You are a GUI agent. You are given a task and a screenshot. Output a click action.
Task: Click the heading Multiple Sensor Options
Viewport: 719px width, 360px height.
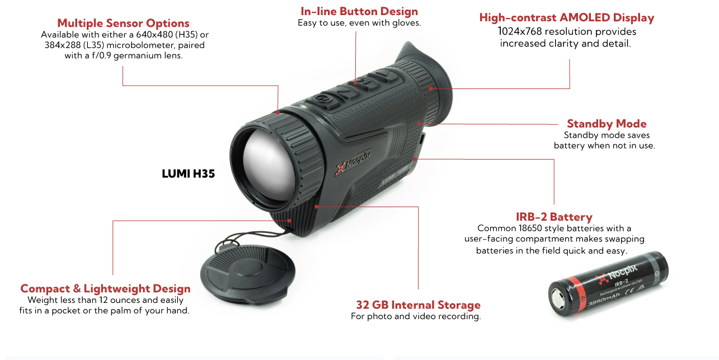pos(123,24)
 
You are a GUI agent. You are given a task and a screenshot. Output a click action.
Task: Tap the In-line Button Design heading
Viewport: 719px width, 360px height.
pos(359,11)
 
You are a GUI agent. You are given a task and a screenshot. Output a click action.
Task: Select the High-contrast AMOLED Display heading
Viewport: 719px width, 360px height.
pos(566,17)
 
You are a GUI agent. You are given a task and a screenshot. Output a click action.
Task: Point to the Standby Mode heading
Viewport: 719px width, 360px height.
pos(607,124)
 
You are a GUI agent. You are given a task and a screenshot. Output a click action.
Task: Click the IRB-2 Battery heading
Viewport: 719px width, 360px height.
pos(553,217)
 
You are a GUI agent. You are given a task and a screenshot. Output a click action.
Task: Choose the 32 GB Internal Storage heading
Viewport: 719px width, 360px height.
pos(418,305)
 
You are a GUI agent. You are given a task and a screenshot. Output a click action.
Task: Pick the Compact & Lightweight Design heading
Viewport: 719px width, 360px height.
pos(105,288)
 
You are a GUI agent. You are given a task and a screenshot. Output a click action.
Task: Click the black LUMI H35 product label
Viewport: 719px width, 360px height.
pos(188,174)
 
